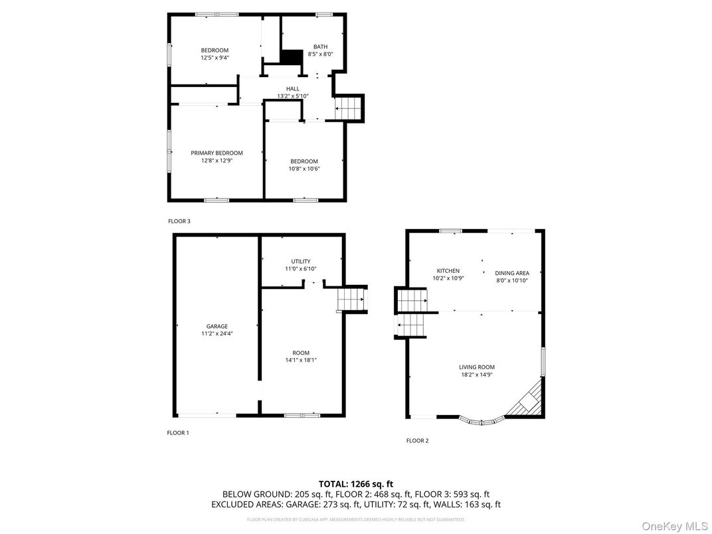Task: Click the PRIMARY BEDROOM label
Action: (217, 153)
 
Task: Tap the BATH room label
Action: (320, 46)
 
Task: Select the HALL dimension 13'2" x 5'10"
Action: (292, 96)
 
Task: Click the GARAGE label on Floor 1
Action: (217, 326)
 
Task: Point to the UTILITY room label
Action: (300, 261)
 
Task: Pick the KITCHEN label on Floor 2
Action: (448, 270)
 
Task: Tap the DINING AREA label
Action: (512, 273)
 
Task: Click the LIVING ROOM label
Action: (476, 367)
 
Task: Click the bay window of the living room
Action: (481, 420)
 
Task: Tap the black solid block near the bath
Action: (290, 57)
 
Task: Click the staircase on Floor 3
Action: (349, 108)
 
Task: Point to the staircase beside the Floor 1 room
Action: (351, 300)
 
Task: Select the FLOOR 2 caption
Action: (417, 440)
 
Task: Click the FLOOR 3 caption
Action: (179, 221)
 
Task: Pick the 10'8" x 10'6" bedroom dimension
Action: (304, 169)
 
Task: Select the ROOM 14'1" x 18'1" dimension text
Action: (300, 360)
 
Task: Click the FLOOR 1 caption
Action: (177, 432)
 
